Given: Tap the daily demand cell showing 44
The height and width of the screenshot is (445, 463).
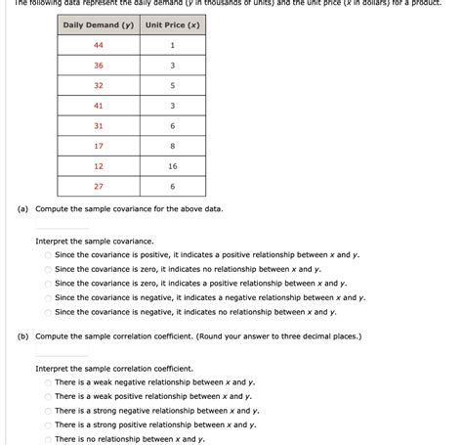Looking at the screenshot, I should pos(99,46).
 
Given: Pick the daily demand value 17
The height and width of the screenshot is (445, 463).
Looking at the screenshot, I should pos(99,146).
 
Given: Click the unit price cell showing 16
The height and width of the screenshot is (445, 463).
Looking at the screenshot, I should pos(172,166).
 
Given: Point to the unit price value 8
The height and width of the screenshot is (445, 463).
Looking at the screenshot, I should pos(172,146).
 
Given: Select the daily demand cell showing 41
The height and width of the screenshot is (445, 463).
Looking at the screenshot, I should pos(99,106).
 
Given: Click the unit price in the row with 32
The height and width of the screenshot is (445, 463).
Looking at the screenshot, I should pos(172,86).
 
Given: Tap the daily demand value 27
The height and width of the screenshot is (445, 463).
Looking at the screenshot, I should pos(99,186).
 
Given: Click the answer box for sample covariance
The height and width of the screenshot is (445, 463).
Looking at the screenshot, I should pos(62,224).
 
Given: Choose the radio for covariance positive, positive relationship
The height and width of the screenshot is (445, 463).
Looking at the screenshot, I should pos(47,254).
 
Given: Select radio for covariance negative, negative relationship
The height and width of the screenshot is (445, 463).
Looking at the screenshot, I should pos(47,297).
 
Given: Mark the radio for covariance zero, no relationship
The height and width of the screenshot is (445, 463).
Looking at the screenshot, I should pos(47,269).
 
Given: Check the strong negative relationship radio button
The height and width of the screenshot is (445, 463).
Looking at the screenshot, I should pos(47,411).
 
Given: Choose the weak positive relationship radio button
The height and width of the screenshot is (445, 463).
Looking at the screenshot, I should pos(47,397).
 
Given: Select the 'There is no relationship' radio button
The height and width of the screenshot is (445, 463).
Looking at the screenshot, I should pos(47,439).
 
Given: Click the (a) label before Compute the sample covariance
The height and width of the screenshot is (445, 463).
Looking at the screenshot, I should pos(21,209).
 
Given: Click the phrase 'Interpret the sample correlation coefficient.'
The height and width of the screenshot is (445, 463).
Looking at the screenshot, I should pos(107,369).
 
